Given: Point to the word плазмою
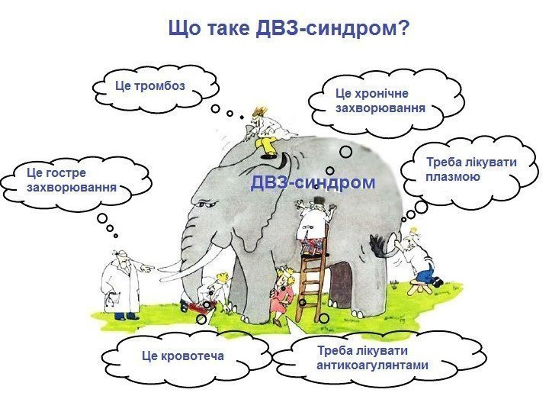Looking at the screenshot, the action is click(453, 177).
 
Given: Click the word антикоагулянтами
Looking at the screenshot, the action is click(372, 365).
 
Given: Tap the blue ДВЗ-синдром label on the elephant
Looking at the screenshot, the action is click(313, 183).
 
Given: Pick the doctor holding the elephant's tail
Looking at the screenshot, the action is click(416, 256).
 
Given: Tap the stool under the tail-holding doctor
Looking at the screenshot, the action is click(419, 286).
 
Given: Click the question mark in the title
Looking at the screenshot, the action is click(404, 30).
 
